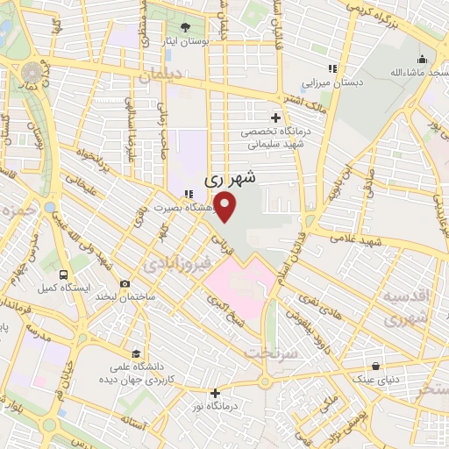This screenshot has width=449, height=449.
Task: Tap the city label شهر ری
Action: point(231,178)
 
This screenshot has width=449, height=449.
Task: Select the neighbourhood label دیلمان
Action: point(158,76)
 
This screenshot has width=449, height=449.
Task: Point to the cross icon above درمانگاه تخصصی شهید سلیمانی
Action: point(275,117)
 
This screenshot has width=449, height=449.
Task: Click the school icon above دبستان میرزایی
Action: point(331,69)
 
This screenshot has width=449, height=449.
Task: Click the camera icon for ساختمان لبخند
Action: point(125,284)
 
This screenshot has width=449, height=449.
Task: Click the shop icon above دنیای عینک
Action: point(377,366)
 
